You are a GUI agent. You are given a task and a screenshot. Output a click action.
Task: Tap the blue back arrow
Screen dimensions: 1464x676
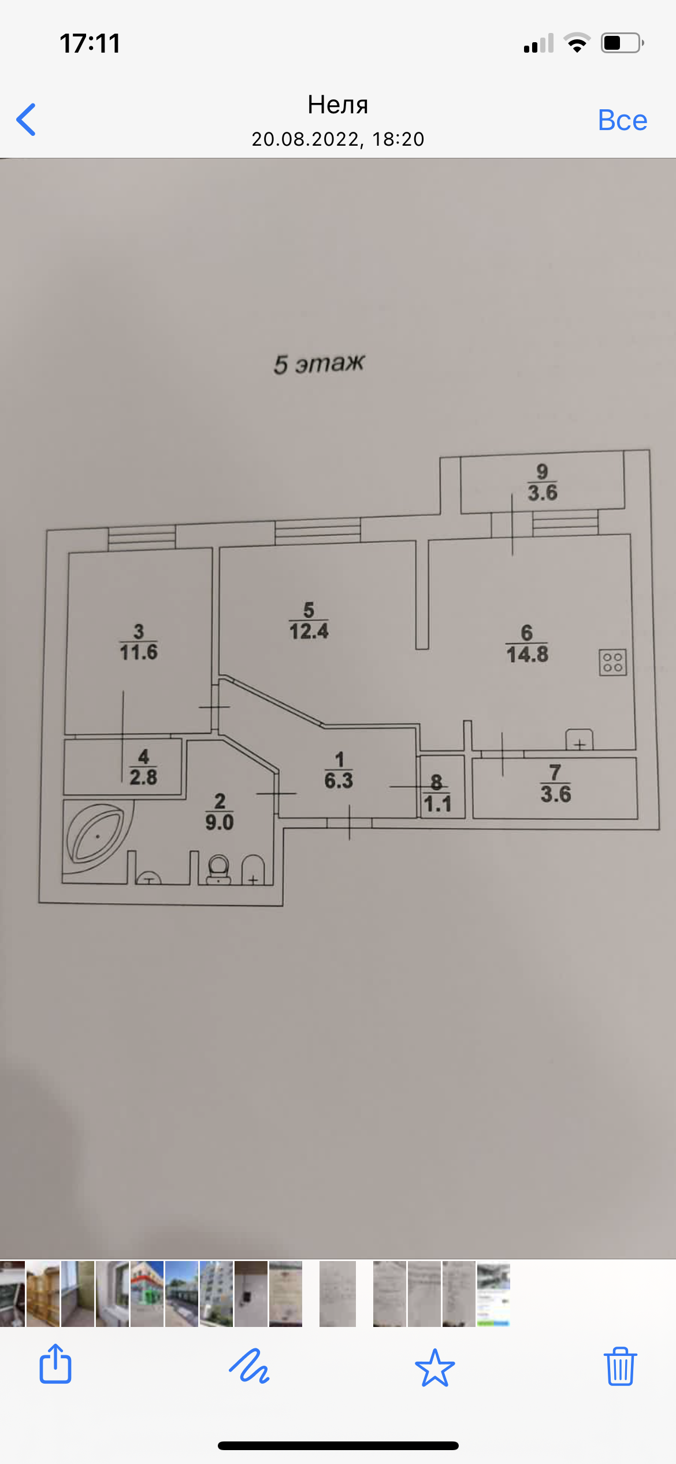click(x=27, y=120)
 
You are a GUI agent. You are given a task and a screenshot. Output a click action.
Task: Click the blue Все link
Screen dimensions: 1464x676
click(x=622, y=120)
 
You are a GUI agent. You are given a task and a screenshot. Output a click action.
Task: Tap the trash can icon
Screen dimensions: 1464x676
click(x=620, y=1367)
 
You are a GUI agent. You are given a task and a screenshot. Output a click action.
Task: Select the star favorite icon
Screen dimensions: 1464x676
click(x=434, y=1367)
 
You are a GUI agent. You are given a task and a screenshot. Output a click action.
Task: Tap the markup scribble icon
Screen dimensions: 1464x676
click(x=249, y=1367)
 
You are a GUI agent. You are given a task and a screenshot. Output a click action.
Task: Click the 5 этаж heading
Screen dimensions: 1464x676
click(x=319, y=364)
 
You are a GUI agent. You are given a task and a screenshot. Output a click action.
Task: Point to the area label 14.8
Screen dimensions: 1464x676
click(x=527, y=655)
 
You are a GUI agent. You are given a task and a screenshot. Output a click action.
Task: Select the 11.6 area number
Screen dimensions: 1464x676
click(x=139, y=652)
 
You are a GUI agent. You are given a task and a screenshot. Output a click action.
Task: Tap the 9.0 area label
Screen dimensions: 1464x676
click(x=220, y=822)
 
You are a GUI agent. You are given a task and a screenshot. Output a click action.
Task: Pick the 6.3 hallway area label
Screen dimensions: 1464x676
click(x=339, y=781)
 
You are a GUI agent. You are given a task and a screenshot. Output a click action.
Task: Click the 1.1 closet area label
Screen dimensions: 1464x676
click(x=437, y=804)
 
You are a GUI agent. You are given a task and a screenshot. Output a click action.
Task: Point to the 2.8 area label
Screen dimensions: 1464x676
click(x=143, y=777)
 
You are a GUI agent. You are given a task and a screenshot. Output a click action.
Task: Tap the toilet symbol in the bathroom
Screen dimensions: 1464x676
click(x=218, y=870)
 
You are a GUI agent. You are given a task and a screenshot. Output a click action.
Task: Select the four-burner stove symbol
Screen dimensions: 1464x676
click(x=612, y=662)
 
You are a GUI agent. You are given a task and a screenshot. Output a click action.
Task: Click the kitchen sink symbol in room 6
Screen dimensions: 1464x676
click(x=579, y=740)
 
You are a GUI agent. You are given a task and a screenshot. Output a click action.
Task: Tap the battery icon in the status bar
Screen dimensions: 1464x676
click(x=622, y=43)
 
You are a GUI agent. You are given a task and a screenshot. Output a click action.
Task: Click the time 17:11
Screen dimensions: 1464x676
click(x=90, y=43)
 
